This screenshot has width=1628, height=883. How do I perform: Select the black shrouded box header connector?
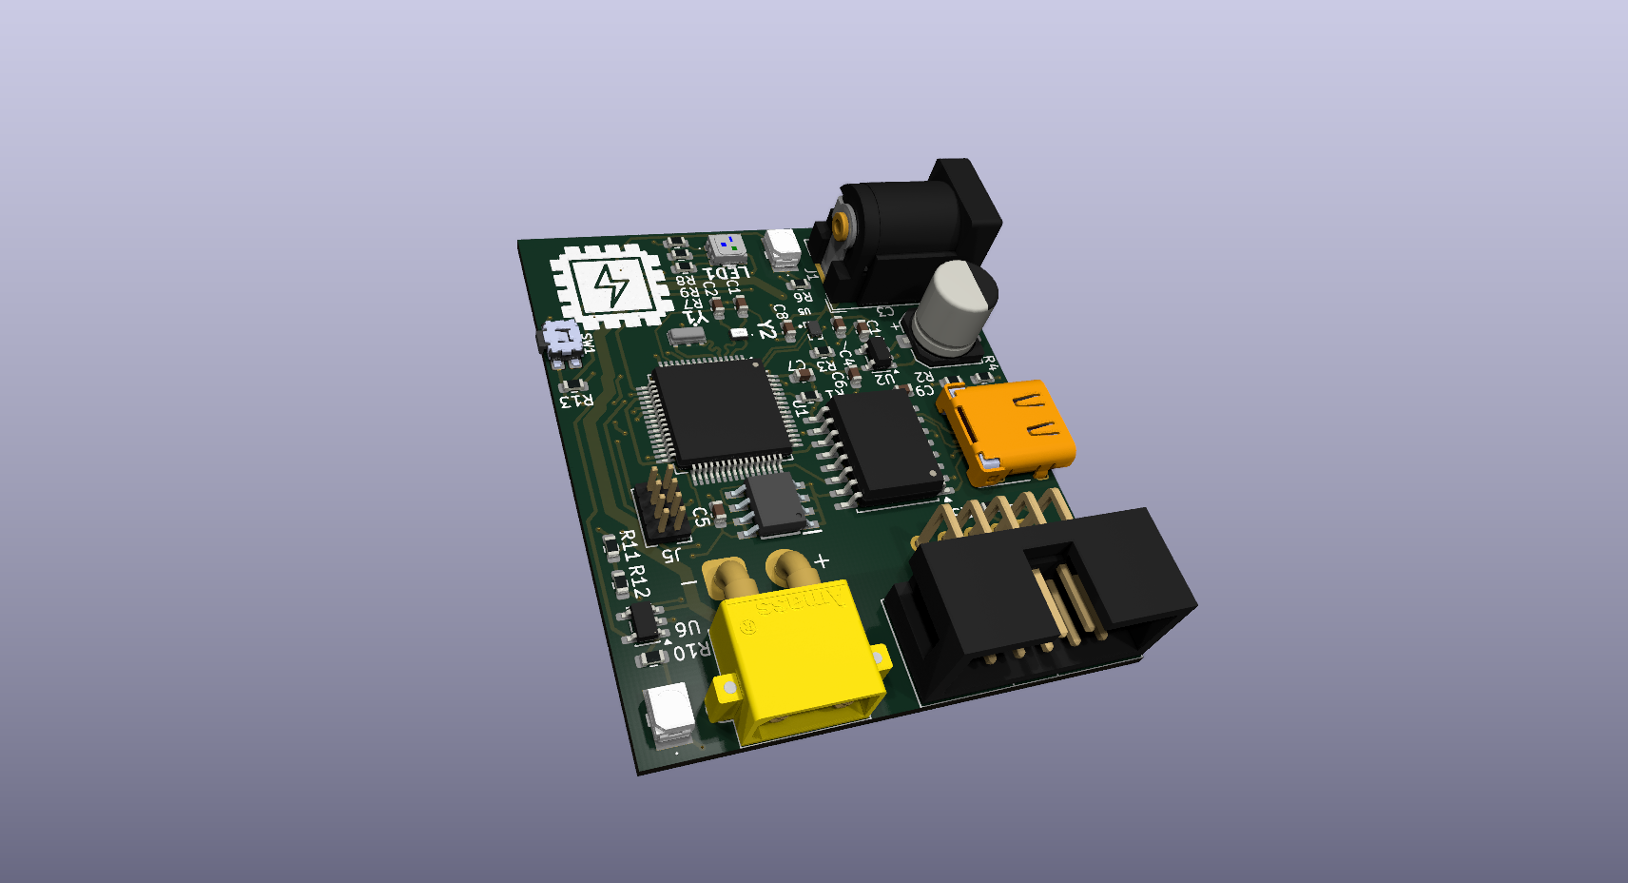pyautogui.click(x=1041, y=599)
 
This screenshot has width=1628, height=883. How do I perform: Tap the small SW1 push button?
pyautogui.click(x=562, y=337)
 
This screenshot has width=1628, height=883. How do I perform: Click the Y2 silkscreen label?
pyautogui.click(x=766, y=329)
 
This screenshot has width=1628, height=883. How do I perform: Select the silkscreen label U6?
pyautogui.click(x=688, y=628)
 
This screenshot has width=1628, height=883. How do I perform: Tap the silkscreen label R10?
pyautogui.click(x=691, y=652)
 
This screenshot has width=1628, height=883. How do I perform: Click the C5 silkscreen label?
pyautogui.click(x=701, y=517)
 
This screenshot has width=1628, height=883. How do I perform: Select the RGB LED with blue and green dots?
pyautogui.click(x=727, y=247)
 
